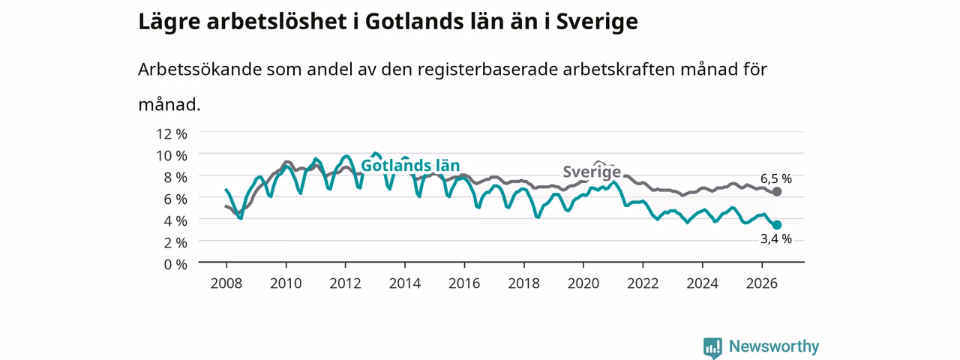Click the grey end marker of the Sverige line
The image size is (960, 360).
pyautogui.click(x=776, y=191)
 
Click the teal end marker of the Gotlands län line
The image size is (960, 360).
pyautogui.click(x=776, y=225)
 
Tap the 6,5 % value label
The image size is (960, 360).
pyautogui.click(x=775, y=178)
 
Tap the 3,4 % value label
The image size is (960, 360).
pyautogui.click(x=775, y=238)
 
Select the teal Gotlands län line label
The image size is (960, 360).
pyautogui.click(x=410, y=166)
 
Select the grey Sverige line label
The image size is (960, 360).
pyautogui.click(x=592, y=172)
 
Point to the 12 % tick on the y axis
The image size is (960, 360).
pyautogui.click(x=172, y=133)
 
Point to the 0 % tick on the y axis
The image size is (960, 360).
pyautogui.click(x=175, y=265)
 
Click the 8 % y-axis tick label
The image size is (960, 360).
pyautogui.click(x=175, y=177)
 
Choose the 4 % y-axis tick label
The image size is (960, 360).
pyautogui.click(x=175, y=220)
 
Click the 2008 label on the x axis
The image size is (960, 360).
pyautogui.click(x=226, y=283)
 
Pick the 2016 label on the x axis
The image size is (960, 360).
pyautogui.click(x=464, y=283)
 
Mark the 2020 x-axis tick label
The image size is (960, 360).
pyautogui.click(x=583, y=283)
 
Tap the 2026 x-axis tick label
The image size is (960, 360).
pyautogui.click(x=761, y=283)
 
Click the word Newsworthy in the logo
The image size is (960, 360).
pyautogui.click(x=774, y=346)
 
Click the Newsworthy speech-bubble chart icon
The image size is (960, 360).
pyautogui.click(x=712, y=347)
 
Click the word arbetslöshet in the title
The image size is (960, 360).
pyautogui.click(x=277, y=21)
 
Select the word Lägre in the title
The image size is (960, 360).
pyautogui.click(x=169, y=22)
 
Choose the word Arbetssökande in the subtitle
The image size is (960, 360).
pyautogui.click(x=199, y=70)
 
